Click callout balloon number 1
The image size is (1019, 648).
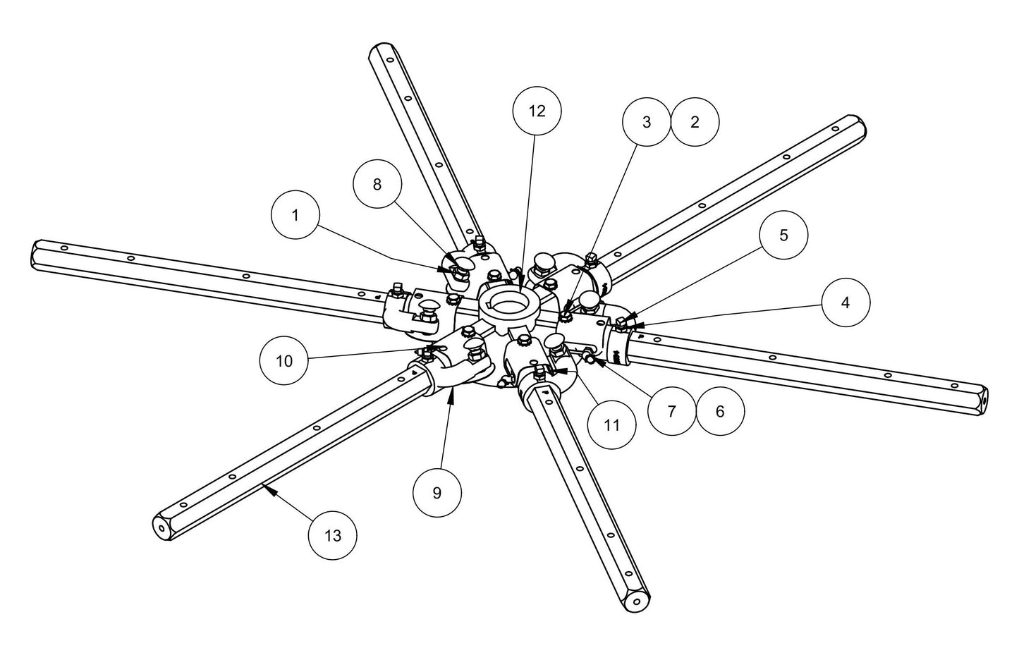295,215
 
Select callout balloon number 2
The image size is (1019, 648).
695,122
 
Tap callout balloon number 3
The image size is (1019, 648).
647,122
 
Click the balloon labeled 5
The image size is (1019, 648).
783,235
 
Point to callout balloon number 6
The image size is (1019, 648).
720,411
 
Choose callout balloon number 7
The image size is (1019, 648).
671,411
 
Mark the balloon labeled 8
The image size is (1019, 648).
377,184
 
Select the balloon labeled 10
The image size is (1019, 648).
283,361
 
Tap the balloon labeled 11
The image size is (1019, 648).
611,425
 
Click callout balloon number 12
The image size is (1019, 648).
537,111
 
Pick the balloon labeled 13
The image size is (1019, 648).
332,535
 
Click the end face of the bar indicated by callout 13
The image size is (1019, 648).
161,527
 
